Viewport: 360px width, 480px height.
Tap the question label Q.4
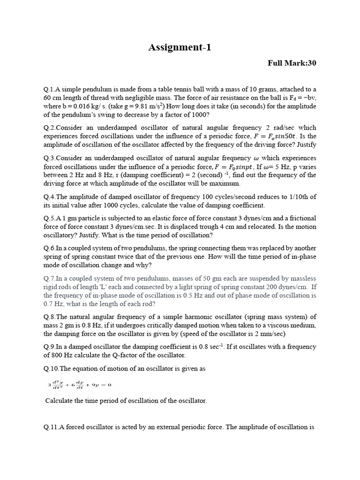49,197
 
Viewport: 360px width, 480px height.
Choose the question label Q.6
49,248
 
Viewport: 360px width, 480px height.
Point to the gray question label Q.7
49,279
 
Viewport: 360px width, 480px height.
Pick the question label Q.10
51,368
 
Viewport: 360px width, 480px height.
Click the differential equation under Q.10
80,385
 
